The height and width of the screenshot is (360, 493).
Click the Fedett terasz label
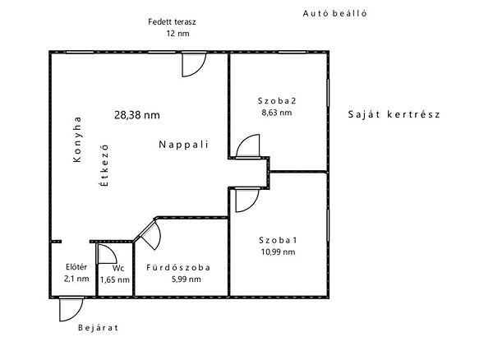click(172, 22)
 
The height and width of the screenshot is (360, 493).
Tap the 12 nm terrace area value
click(178, 34)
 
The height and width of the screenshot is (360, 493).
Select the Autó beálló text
click(335, 13)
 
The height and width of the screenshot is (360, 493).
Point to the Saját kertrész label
click(394, 114)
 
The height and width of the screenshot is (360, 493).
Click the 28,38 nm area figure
click(137, 115)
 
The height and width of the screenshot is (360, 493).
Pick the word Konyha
click(77, 139)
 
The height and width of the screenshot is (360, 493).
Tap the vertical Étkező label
click(104, 165)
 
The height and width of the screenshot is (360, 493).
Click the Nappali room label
click(183, 145)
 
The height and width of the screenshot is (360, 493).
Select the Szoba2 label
click(277, 101)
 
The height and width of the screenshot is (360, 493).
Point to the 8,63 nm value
click(277, 113)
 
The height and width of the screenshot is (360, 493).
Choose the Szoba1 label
click(278, 240)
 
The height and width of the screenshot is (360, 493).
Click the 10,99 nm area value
click(278, 252)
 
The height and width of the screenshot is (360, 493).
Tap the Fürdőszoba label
click(178, 268)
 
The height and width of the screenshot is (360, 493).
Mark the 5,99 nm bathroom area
click(187, 279)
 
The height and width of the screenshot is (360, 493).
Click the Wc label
click(118, 268)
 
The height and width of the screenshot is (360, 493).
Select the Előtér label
click(76, 267)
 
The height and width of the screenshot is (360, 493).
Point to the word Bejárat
click(98, 328)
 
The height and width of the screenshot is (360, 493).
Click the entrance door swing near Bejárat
click(79, 315)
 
